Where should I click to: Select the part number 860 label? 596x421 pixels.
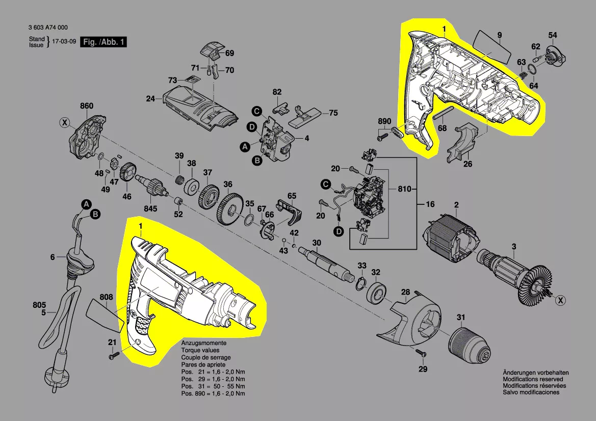pos(87,106)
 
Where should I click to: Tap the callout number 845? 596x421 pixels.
pos(150,208)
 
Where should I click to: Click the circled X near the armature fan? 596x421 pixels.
pos(560,301)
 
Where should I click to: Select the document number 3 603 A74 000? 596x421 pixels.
pos(48,29)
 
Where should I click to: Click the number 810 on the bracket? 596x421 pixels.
pos(404,190)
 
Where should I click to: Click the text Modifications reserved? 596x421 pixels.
pos(533,379)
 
